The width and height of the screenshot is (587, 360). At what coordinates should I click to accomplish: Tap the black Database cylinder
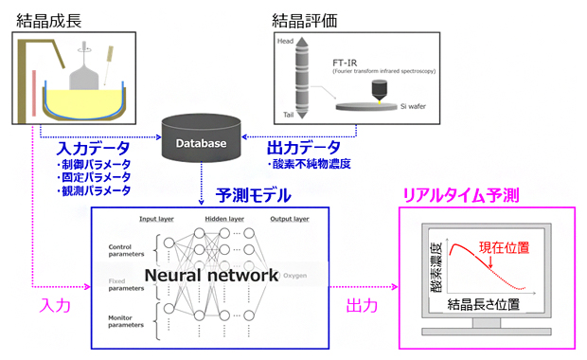(200, 142)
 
